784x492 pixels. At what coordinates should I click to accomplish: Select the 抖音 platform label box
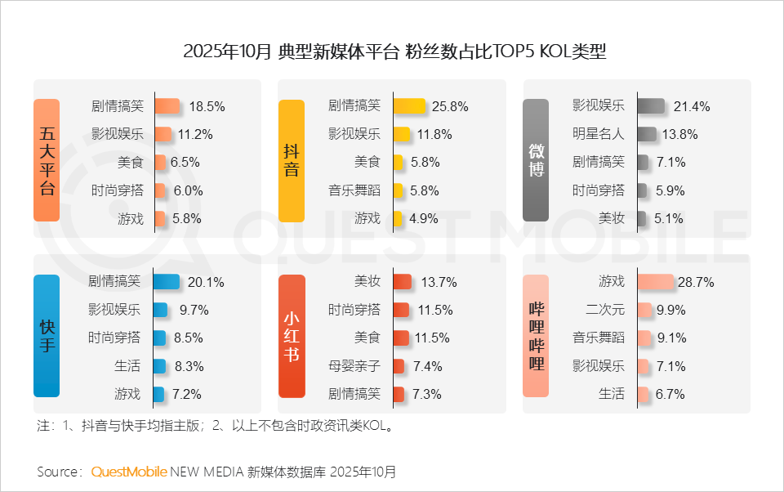291,161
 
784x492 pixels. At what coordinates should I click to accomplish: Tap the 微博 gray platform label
536,161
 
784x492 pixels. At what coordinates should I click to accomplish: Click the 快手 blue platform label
47,335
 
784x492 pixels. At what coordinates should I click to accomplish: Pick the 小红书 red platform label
291,335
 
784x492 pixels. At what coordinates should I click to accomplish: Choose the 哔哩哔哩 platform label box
536,335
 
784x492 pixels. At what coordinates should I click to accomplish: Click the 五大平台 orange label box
47,161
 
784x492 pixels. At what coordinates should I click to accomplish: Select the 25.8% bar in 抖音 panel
409,106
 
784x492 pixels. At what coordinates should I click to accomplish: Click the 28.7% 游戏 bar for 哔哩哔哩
655,282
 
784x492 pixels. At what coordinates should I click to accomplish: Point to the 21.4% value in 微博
692,106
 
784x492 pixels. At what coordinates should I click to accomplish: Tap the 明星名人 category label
598,134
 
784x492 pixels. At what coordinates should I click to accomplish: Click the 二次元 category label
605,310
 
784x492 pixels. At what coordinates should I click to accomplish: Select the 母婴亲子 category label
354,365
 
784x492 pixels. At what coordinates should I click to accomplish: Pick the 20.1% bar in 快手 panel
166,282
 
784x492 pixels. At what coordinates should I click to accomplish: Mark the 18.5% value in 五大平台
207,106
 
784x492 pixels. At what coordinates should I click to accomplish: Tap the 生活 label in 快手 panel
127,365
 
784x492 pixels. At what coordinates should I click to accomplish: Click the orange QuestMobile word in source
129,472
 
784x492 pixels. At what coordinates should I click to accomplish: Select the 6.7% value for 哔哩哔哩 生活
670,394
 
